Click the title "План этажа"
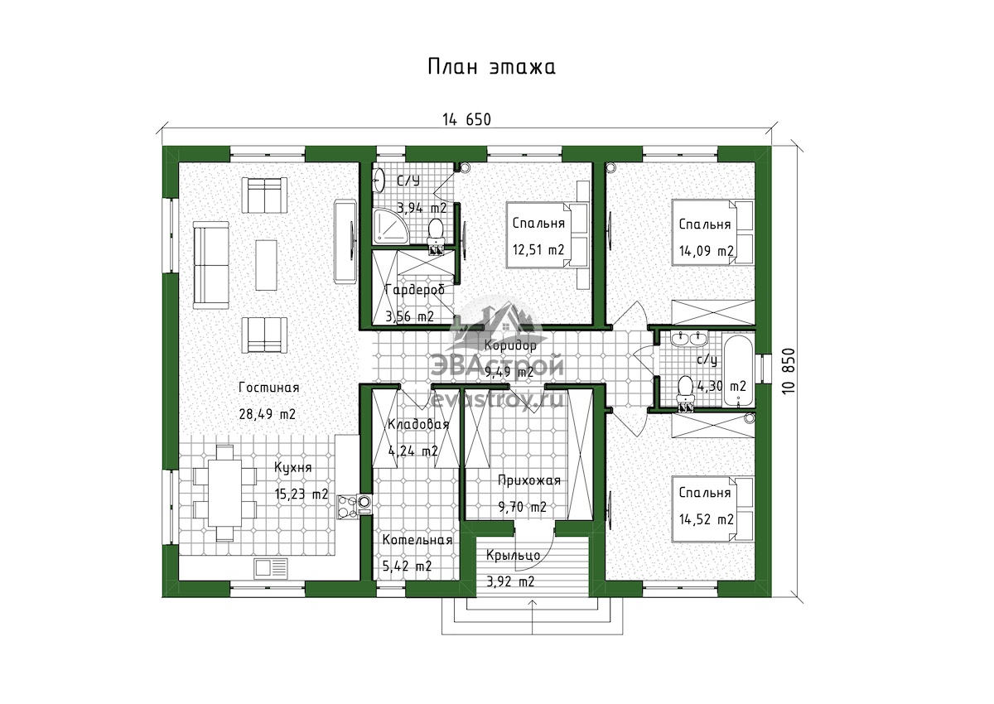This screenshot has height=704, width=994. point(492,67)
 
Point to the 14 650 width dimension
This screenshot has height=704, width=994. point(467,120)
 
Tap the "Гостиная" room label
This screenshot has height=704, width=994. point(269,388)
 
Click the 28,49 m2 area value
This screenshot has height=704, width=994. point(267,414)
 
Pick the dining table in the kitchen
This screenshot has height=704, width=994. point(225,494)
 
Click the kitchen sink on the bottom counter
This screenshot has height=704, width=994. point(271,568)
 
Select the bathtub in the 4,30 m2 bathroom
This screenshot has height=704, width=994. point(738,369)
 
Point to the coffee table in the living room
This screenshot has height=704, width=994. point(266,265)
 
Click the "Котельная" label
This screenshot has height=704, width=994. point(417,540)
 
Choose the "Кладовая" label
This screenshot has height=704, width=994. point(418,425)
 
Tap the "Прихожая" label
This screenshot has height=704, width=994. point(529,480)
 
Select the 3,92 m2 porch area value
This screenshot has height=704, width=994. point(510,581)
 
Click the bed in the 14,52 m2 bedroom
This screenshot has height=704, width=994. point(712,509)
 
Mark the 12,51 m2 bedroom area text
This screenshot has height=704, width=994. point(538,250)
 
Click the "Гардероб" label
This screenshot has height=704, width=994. point(415,290)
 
